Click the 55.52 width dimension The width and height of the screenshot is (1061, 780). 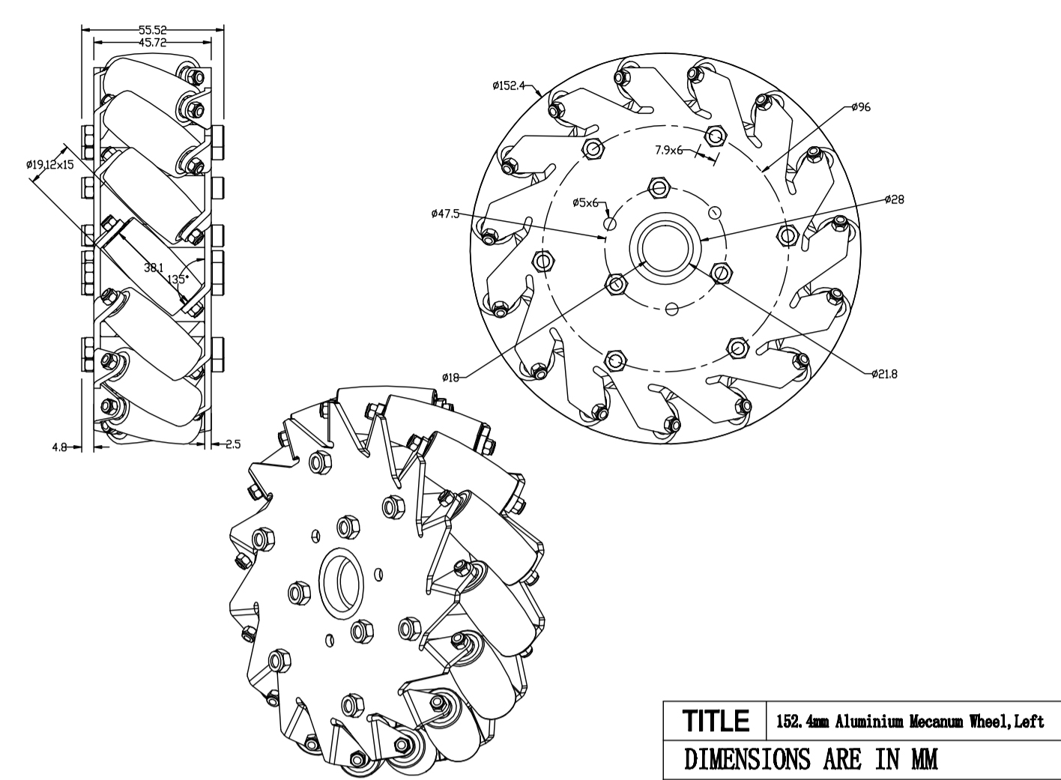click(153, 30)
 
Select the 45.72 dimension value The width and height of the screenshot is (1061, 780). click(153, 43)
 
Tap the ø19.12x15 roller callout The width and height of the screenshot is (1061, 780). click(50, 164)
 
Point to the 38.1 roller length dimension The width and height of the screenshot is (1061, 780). click(154, 267)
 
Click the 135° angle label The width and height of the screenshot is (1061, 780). click(178, 279)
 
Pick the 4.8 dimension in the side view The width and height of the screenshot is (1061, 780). click(59, 447)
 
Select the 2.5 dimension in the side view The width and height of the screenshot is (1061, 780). click(233, 444)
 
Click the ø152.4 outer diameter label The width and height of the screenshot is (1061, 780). click(509, 85)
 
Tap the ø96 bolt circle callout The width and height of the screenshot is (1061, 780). click(861, 107)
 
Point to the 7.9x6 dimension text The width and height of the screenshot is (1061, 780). click(669, 150)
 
